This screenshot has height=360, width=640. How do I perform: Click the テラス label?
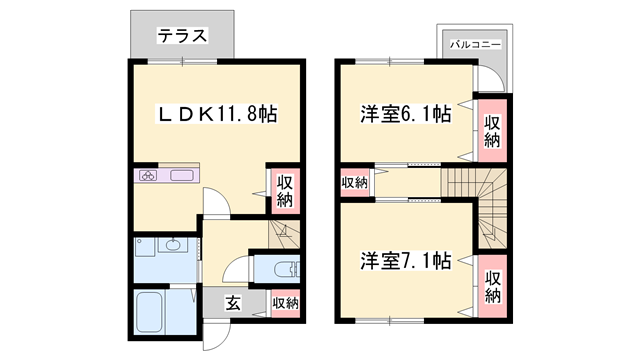coord(181,36)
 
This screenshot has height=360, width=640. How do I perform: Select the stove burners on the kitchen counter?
coord(149,176)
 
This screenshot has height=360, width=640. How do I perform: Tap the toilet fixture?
coord(281,269)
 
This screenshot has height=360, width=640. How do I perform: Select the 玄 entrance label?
coord(231,303)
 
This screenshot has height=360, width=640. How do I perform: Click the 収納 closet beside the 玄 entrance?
coord(285,303)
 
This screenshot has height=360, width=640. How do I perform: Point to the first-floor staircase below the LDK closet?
coord(283,237)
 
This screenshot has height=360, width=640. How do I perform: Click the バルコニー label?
coord(475,44)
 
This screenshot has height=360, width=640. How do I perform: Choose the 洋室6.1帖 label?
coord(405,114)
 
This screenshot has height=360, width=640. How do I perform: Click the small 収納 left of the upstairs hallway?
coord(354,182)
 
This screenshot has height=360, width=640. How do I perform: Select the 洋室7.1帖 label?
coord(405,261)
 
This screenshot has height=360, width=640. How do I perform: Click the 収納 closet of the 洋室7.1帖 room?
coord(493,286)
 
